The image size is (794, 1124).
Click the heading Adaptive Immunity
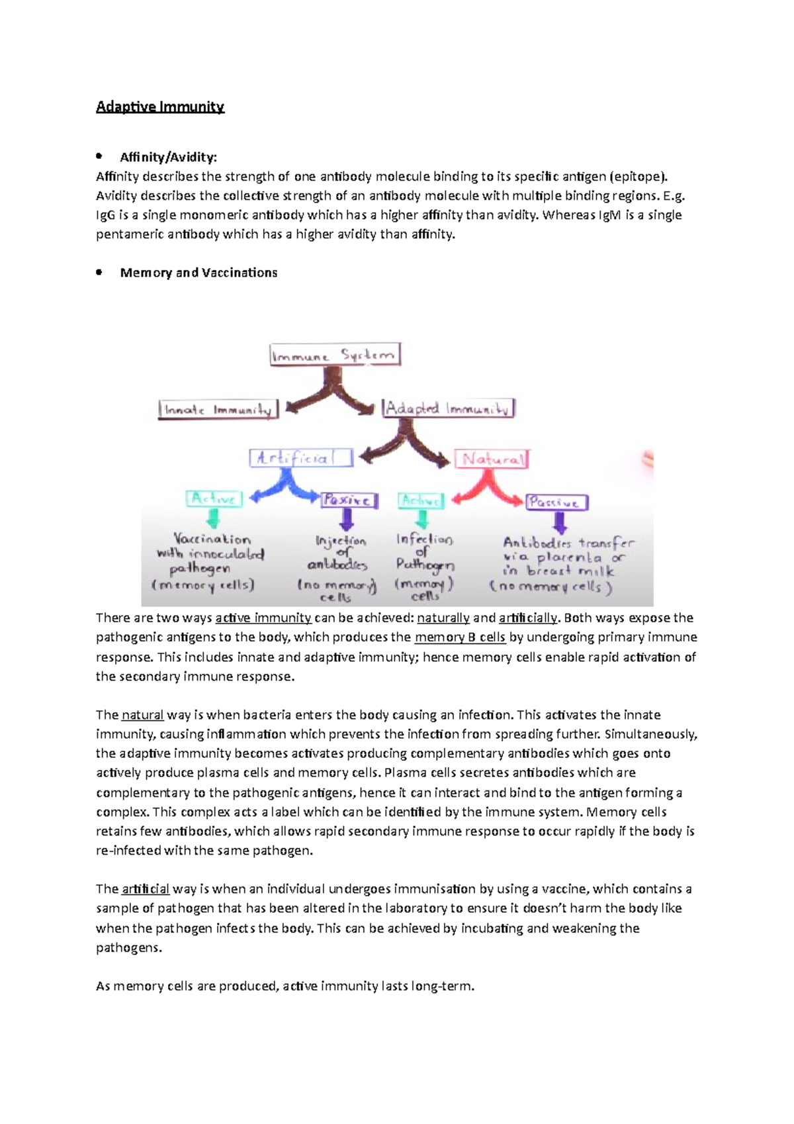pos(160,107)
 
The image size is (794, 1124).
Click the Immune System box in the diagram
pos(335,355)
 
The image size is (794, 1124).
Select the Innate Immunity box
pos(218,410)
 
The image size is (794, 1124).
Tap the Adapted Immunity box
pos(449,408)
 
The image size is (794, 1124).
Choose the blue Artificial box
pos(301,458)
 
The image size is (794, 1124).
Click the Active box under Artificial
pos(214,498)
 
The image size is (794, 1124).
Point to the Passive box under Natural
pos(556,502)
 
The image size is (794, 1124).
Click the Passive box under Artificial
pos(349,500)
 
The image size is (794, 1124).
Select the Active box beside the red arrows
pos(421,500)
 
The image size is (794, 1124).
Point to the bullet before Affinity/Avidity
pos(99,156)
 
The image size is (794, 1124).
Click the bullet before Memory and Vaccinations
pos(99,272)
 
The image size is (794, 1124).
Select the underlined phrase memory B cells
pos(460,637)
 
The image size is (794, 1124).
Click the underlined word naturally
pos(443,618)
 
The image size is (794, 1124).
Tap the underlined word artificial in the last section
pos(146,889)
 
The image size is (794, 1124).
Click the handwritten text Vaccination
pos(212,539)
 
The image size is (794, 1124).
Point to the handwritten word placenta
pos(569,557)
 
